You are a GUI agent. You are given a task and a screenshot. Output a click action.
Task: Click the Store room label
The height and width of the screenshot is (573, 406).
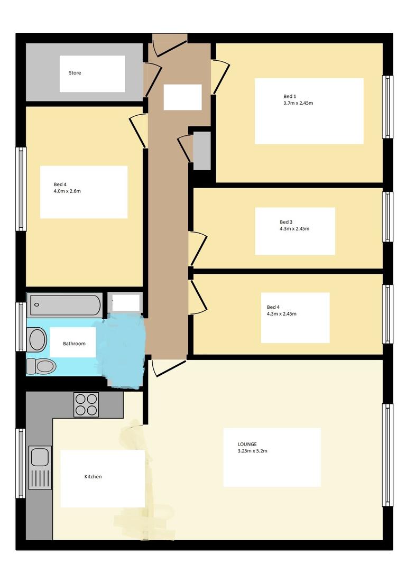pyautogui.click(x=75, y=73)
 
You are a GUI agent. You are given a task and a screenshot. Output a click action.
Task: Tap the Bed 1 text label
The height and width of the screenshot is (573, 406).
pyautogui.click(x=290, y=96)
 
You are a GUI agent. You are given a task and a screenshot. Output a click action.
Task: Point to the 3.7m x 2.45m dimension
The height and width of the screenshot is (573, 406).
pyautogui.click(x=298, y=103)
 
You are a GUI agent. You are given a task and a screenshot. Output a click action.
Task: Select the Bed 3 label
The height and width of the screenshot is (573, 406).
pyautogui.click(x=286, y=222)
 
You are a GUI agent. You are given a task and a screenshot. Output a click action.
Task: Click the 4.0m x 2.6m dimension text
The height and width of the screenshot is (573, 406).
pyautogui.click(x=67, y=191)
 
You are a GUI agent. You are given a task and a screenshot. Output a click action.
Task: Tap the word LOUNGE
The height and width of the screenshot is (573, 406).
pyautogui.click(x=247, y=445)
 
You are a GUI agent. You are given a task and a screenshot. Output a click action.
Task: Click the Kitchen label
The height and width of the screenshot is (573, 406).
pyautogui.click(x=93, y=477)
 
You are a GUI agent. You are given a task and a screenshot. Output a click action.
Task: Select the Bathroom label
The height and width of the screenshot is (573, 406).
pyautogui.click(x=74, y=344)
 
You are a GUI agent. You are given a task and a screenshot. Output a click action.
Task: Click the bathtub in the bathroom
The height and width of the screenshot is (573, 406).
pyautogui.click(x=65, y=305)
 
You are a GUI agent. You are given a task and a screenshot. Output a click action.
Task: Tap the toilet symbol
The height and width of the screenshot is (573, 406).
pyautogui.click(x=42, y=366)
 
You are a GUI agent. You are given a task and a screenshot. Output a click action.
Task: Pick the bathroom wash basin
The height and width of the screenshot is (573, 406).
pyautogui.click(x=38, y=339)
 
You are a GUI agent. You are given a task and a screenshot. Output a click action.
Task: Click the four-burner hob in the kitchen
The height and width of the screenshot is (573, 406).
pyautogui.click(x=86, y=405)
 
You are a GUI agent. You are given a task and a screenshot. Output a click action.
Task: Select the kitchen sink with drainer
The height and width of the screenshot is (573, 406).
pyautogui.click(x=40, y=468)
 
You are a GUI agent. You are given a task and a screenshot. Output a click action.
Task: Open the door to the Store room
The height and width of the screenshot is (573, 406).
pyautogui.click(x=152, y=79)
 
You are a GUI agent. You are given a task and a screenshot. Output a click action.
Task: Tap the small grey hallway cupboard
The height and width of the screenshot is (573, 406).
pyautogui.click(x=202, y=151)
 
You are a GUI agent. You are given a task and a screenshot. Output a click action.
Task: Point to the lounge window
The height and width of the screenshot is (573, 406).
pyautogui.click(x=387, y=455)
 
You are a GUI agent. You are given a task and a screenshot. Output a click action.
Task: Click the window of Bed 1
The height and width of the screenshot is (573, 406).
pyautogui.click(x=387, y=107)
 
